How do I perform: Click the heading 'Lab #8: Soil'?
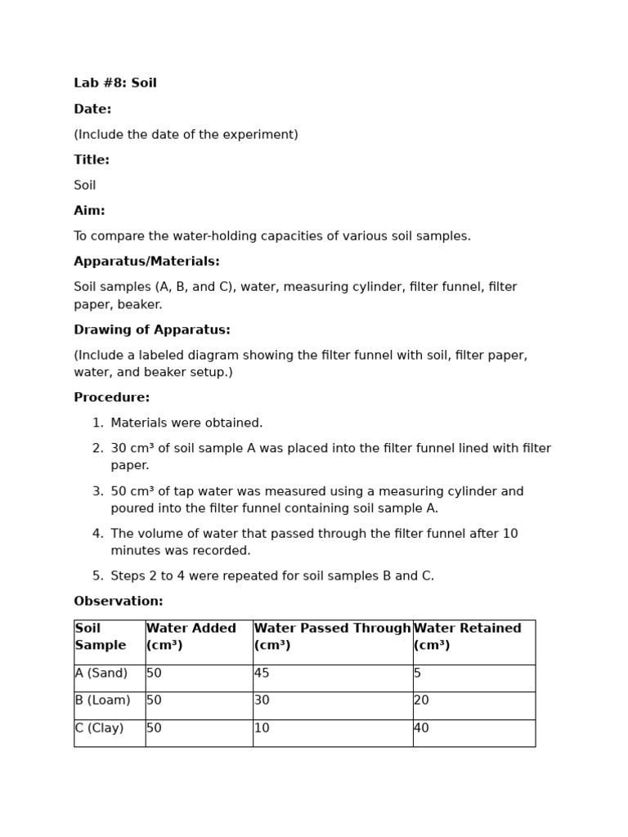tap(115, 83)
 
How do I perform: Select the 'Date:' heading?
tap(92, 110)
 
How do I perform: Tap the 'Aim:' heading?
tap(89, 211)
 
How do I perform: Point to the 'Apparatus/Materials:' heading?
tap(146, 262)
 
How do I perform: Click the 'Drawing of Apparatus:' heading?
tap(152, 330)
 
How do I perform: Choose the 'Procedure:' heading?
tap(112, 398)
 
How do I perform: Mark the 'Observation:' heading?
tap(119, 602)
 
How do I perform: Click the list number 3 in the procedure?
tap(97, 492)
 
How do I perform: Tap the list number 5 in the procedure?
tap(97, 576)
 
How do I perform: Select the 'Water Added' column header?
tap(191, 629)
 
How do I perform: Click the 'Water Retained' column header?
tap(468, 629)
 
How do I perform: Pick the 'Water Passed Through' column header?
tap(332, 629)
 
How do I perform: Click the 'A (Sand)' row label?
tap(101, 674)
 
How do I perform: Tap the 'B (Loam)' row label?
tap(103, 700)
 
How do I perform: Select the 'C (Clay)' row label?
tap(100, 728)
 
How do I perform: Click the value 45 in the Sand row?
tap(262, 674)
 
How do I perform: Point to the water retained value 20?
tap(422, 700)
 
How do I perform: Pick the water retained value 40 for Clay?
tap(422, 728)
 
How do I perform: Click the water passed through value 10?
tap(262, 728)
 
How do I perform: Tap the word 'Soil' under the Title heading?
tap(85, 186)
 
